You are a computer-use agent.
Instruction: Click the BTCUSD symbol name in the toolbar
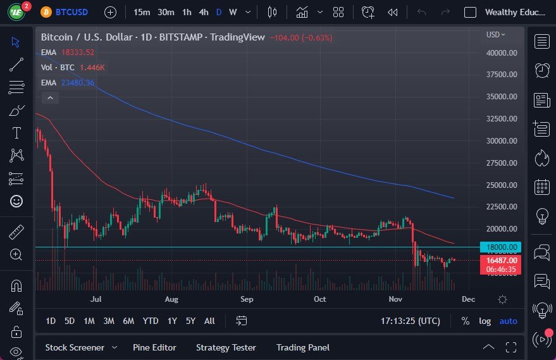click(72, 12)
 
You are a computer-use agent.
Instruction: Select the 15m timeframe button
click(142, 12)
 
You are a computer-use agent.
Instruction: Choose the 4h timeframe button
click(203, 12)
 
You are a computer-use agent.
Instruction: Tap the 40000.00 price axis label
click(502, 53)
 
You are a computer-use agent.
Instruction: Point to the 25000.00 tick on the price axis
click(502, 185)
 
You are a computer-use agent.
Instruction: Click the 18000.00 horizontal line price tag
click(502, 247)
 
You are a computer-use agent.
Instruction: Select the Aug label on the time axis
click(171, 299)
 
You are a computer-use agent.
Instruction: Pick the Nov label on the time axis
click(396, 299)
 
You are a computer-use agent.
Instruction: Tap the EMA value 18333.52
click(77, 53)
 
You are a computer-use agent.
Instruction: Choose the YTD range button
click(151, 321)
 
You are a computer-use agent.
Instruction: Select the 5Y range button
click(190, 321)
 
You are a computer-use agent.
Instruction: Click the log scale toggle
click(485, 321)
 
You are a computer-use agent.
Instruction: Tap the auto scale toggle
click(508, 321)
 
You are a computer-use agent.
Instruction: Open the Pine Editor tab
click(154, 347)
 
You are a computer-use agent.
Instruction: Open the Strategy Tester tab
click(226, 347)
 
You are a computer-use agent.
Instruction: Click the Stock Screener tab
click(74, 347)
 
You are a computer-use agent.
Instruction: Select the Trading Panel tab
click(303, 347)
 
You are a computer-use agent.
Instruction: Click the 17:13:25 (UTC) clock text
click(410, 321)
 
